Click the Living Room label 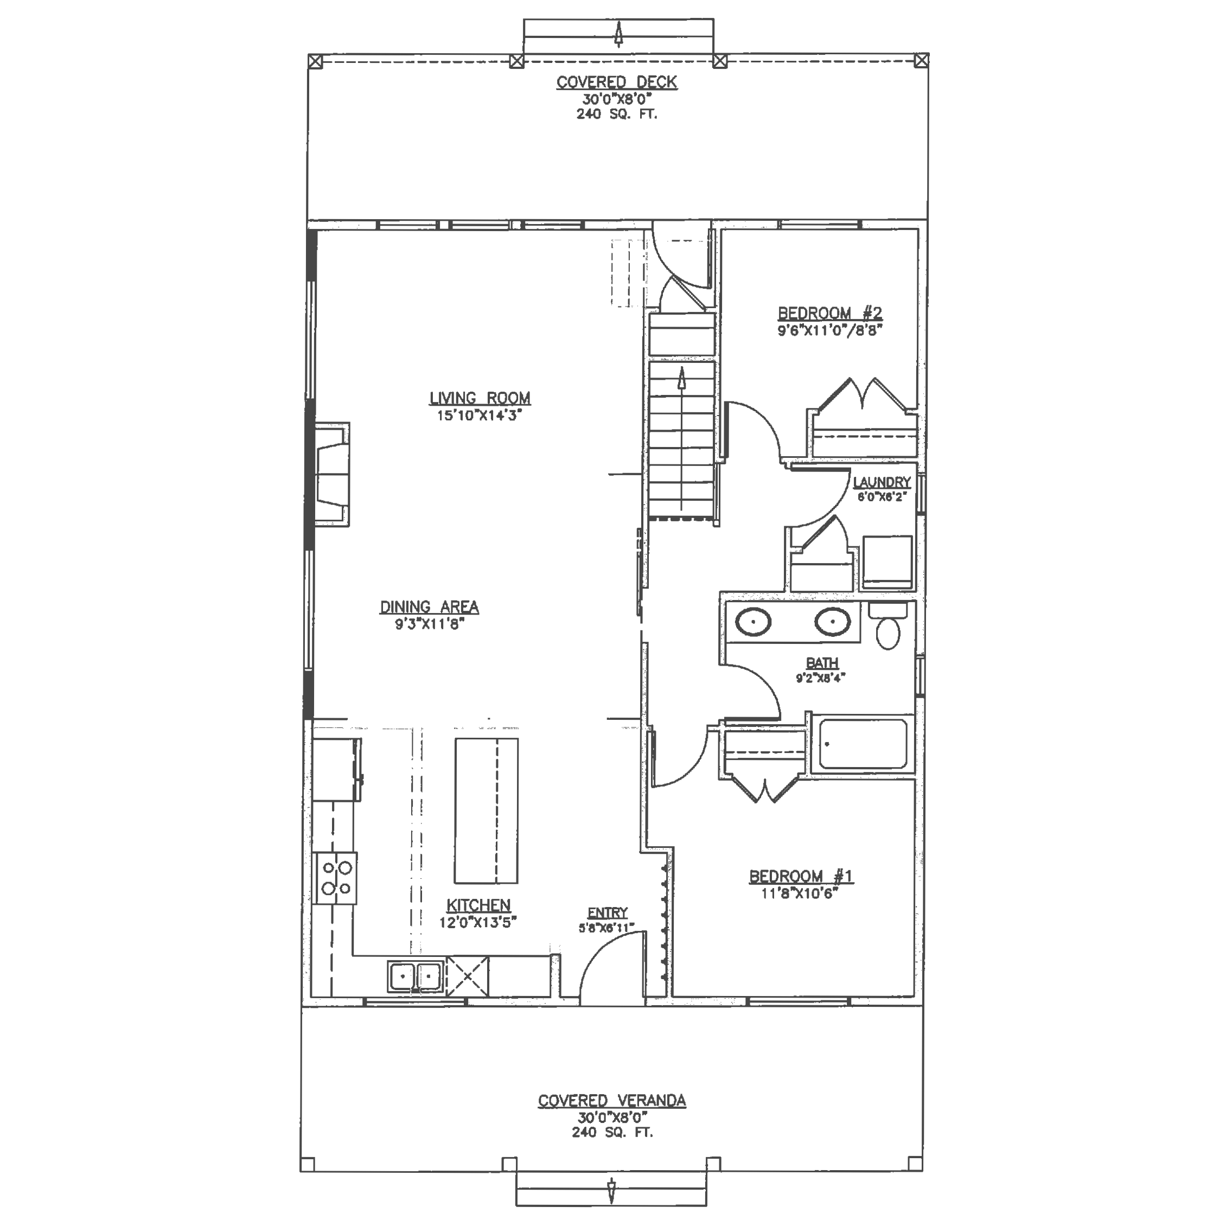[480, 398]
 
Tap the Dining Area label [429, 606]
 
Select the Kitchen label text [478, 905]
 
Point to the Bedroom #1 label [801, 876]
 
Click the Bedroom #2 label [830, 313]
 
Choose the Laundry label [882, 482]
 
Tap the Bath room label [822, 663]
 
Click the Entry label [607, 912]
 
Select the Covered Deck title [617, 82]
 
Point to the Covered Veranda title [612, 1100]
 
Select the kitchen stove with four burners [336, 878]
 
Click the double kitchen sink [416, 976]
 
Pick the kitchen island [486, 810]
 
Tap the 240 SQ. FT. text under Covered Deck [617, 114]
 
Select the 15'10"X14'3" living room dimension [479, 416]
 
